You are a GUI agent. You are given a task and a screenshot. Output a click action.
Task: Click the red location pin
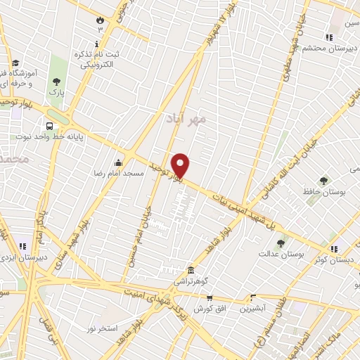point(181,165)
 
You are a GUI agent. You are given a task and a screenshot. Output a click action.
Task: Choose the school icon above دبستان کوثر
point(335,247)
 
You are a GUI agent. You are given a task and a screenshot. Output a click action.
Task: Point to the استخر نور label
point(103,328)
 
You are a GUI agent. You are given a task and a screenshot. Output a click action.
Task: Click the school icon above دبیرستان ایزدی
point(24,246)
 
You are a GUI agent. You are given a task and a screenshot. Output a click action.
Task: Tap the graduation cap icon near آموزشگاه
point(15,64)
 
